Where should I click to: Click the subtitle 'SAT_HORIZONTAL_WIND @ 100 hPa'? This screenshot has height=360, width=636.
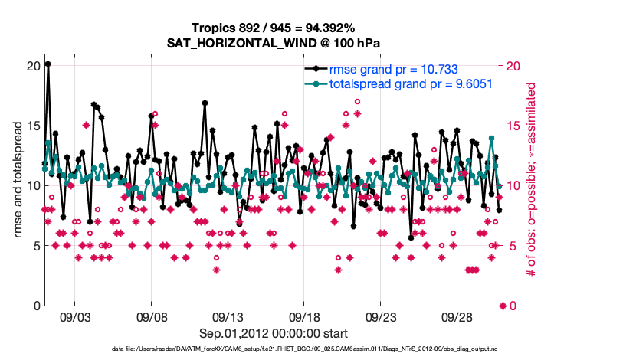click(274, 43)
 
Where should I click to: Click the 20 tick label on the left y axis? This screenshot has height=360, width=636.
click(31, 66)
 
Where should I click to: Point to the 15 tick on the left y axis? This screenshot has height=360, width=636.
click(31, 126)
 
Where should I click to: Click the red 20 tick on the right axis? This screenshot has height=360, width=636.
click(516, 66)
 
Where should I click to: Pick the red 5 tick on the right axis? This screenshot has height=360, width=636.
click(513, 246)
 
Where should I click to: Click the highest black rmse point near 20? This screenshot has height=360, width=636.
click(48, 64)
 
